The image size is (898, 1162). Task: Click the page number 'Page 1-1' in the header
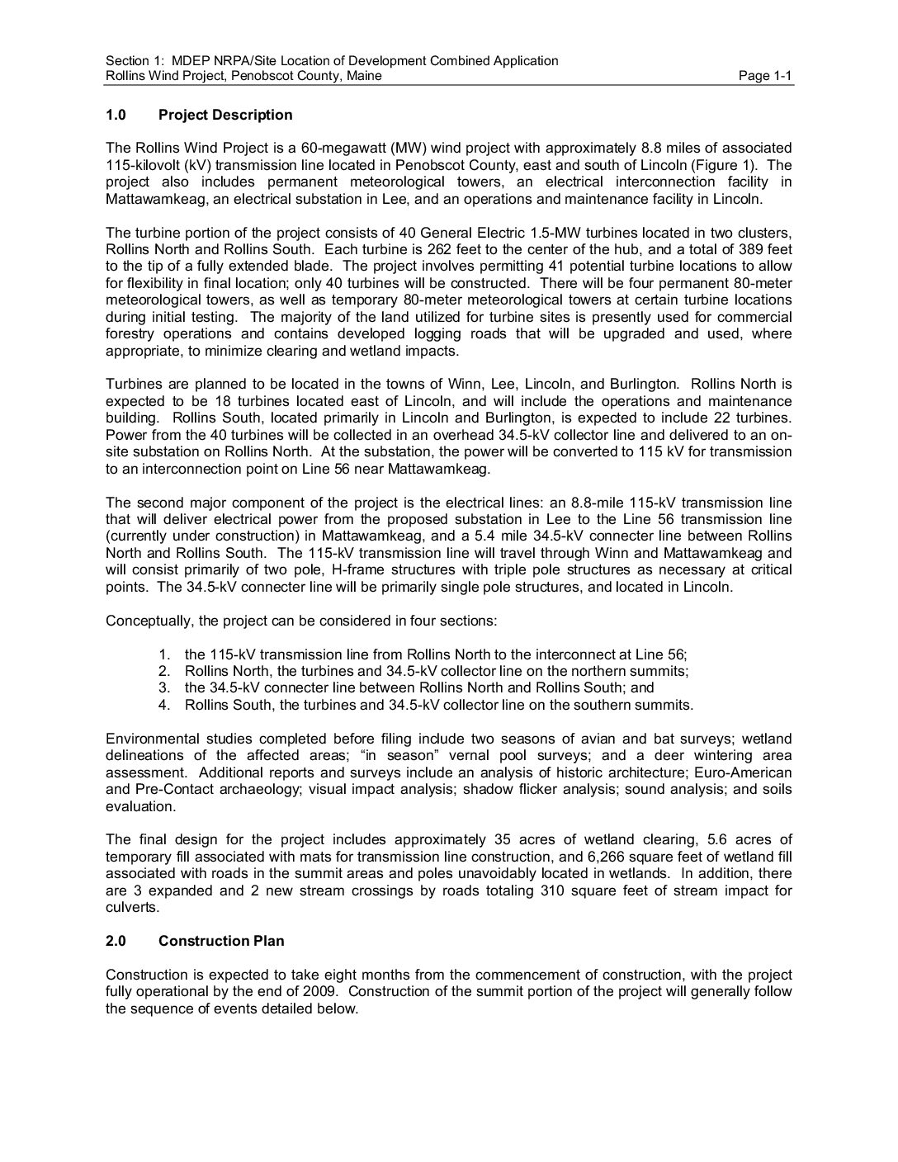click(x=765, y=77)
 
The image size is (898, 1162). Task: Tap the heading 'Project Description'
click(x=225, y=115)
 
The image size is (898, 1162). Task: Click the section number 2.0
click(x=116, y=941)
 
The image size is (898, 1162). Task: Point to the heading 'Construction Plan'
click(x=221, y=941)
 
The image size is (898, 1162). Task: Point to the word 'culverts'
click(x=131, y=907)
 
